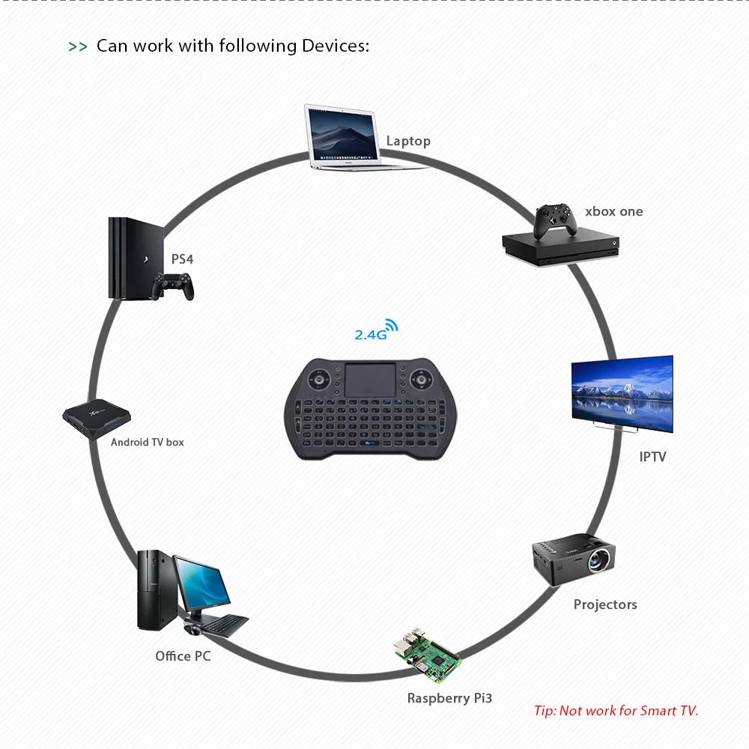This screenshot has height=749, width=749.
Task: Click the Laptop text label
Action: coord(408,142)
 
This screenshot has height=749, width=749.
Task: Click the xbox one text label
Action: coord(614,211)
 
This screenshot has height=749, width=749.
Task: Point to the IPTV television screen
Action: coord(622,394)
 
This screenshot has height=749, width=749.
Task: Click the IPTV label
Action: coord(652,457)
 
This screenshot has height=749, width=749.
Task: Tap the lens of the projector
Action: coord(598,560)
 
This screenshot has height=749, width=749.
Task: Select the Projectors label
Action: coord(605,604)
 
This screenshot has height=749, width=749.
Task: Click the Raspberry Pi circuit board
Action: coord(428,655)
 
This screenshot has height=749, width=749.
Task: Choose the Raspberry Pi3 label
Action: coord(449,698)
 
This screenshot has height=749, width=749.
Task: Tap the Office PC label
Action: coord(183,656)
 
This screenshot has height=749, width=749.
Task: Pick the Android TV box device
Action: coord(97,419)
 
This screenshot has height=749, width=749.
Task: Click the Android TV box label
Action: coord(147,443)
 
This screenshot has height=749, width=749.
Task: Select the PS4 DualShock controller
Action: coord(172,286)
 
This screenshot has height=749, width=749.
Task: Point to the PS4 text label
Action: coord(182,259)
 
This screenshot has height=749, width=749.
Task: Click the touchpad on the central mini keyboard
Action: coord(370,380)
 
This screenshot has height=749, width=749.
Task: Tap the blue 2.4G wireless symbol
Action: coord(376,330)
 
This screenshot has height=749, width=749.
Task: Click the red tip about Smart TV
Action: coord(616,711)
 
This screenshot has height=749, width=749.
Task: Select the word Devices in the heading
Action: coord(336,46)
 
